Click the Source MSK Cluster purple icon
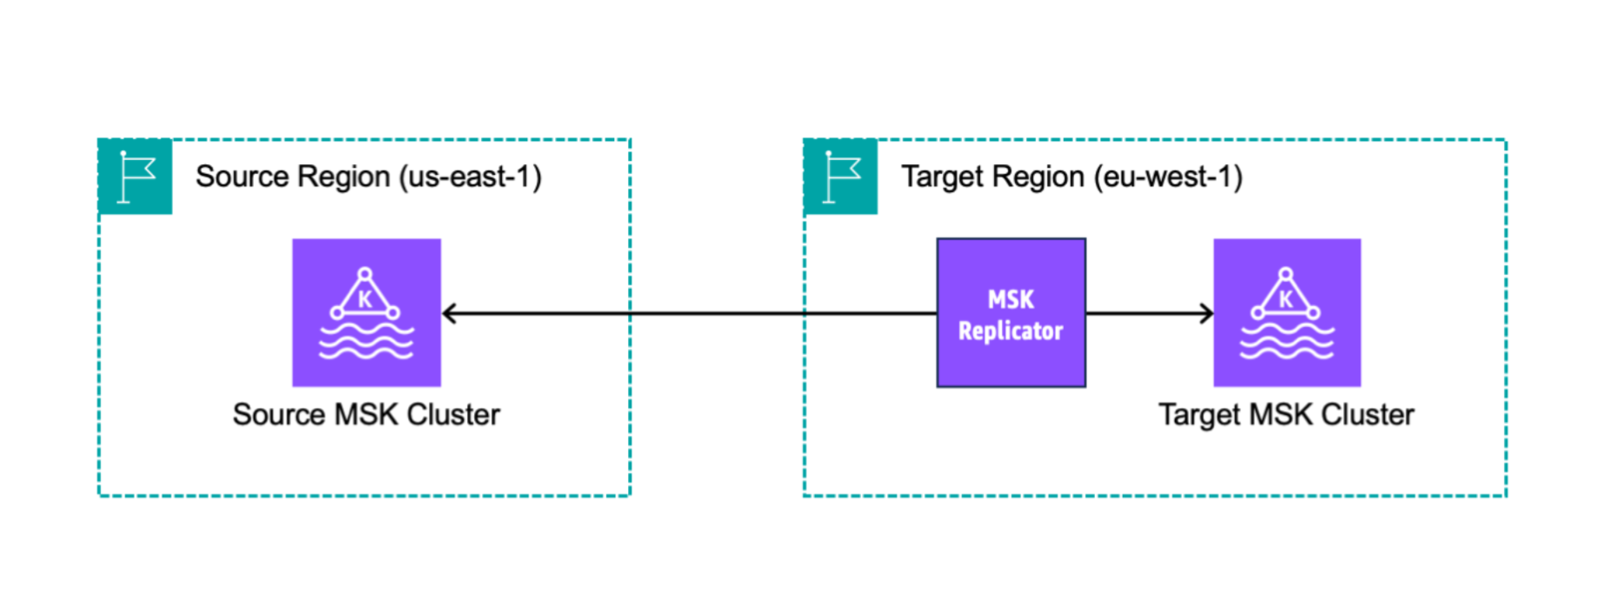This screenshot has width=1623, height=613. pos(366,312)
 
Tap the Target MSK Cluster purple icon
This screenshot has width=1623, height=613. pos(1286,312)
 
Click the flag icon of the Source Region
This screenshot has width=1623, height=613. pos(136,177)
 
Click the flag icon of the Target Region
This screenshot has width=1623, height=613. pos(841,177)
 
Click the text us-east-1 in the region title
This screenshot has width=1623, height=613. pos(470,177)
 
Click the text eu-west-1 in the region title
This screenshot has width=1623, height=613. pos(1168,177)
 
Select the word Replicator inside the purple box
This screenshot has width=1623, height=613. pos(1011,331)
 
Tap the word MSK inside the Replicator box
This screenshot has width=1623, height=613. pos(1011,300)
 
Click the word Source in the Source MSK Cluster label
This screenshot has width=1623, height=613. pos(278,415)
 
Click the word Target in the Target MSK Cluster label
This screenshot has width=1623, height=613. pos(1199,415)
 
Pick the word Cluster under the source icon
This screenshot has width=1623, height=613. pos(453,415)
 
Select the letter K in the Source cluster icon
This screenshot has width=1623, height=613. pos(365,300)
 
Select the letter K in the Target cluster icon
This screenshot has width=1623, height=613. pos(1286,300)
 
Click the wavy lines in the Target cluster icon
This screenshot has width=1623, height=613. pos(1286,342)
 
